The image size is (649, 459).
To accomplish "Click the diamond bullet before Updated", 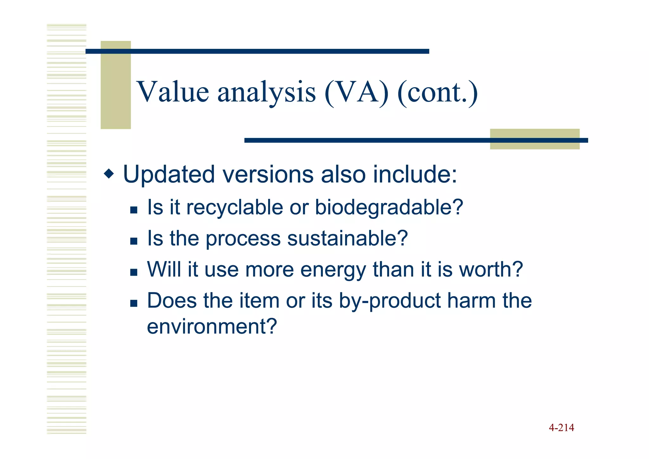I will click(x=109, y=174).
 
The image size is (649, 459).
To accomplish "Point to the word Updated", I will click(x=168, y=174).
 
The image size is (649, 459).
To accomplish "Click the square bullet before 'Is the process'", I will click(x=134, y=241).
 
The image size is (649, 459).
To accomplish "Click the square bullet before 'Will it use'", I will click(x=134, y=272).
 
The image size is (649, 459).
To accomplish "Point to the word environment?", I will click(x=212, y=327).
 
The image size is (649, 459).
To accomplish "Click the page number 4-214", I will click(x=561, y=428).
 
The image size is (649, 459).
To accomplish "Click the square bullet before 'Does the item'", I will click(x=134, y=303).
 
